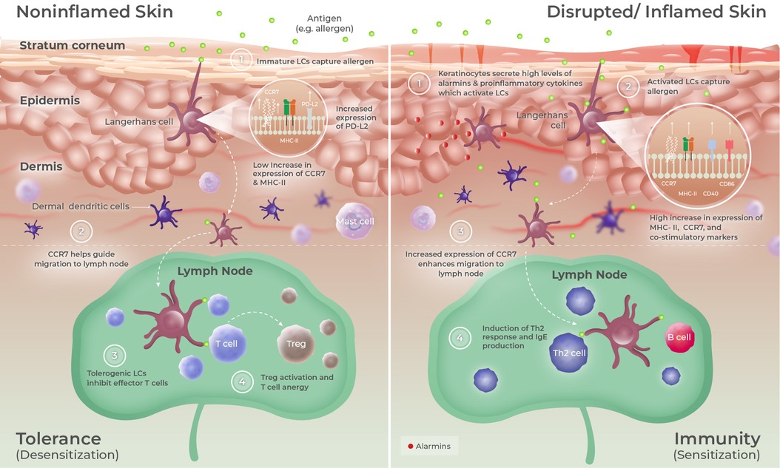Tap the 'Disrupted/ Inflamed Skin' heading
pyautogui.click(x=661, y=12)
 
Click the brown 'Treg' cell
pyautogui.click(x=296, y=344)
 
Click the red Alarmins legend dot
pyautogui.click(x=411, y=446)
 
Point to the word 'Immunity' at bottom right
pyautogui.click(x=717, y=437)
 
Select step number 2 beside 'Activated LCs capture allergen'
pyautogui.click(x=628, y=87)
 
